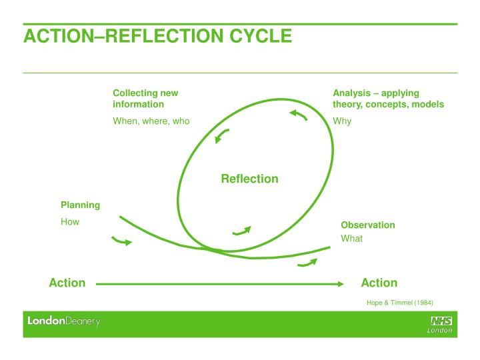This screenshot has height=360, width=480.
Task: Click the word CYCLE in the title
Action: (261, 36)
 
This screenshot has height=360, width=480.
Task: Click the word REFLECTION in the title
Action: (164, 36)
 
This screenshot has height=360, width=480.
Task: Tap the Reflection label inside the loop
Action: (249, 179)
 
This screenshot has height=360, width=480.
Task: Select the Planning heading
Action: (80, 205)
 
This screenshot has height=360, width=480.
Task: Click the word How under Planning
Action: (70, 221)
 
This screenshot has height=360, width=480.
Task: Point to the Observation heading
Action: (367, 225)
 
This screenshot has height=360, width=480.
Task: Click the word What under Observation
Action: (351, 239)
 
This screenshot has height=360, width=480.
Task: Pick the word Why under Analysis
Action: (342, 121)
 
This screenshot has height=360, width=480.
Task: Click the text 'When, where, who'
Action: (151, 121)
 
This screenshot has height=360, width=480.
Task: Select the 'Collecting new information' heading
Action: (145, 99)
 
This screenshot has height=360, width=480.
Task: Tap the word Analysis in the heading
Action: (352, 93)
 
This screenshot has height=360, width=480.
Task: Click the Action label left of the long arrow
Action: (67, 283)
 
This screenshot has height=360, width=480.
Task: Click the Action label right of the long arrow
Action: (379, 283)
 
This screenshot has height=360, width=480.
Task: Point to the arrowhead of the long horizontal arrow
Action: (341, 284)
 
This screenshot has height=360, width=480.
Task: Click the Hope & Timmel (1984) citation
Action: (400, 303)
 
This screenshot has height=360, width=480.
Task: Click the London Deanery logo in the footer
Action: (64, 321)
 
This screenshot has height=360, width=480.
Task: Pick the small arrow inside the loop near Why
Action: (300, 115)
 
